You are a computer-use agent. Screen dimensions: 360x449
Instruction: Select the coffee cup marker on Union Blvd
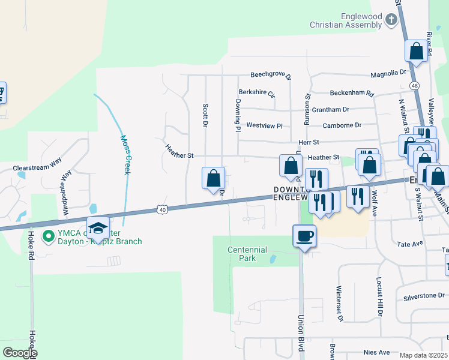click(304, 236)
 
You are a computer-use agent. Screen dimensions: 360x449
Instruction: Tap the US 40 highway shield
click(160, 209)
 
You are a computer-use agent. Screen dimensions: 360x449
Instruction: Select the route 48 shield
click(415, 86)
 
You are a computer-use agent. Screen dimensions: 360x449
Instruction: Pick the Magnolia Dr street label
click(388, 73)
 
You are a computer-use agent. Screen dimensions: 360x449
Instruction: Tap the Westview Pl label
click(264, 126)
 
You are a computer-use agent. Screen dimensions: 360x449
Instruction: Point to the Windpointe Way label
click(67, 192)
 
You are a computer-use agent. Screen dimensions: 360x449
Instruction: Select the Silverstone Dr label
click(424, 296)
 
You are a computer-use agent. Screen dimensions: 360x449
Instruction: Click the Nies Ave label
click(376, 353)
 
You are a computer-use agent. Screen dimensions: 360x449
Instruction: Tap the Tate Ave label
click(411, 244)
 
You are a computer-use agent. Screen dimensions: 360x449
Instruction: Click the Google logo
click(19, 353)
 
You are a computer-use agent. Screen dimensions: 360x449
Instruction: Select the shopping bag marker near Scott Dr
click(213, 178)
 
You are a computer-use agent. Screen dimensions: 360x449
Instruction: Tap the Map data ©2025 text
click(424, 355)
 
